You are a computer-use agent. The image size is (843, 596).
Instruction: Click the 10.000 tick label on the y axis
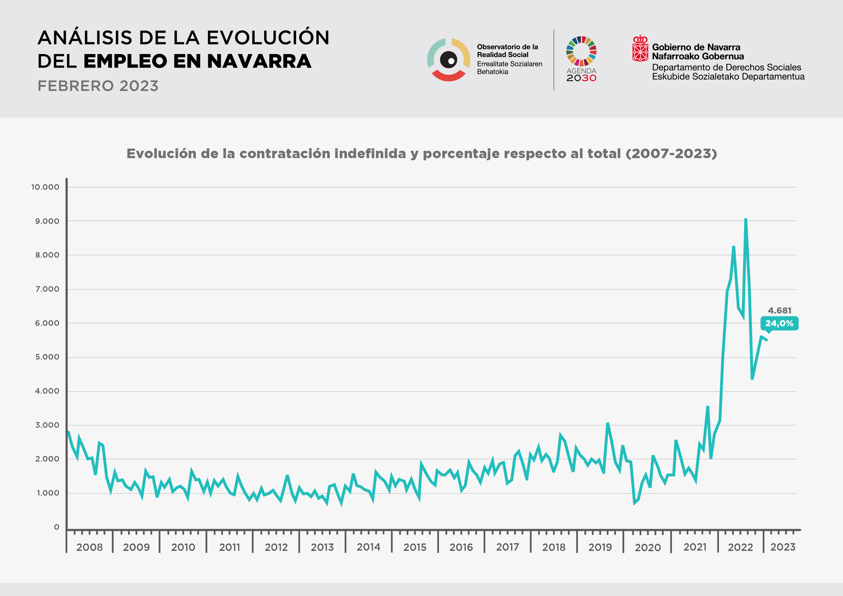[45, 187]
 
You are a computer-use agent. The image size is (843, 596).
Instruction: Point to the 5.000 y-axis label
[47, 357]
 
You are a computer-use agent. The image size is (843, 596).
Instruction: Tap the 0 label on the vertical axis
[57, 527]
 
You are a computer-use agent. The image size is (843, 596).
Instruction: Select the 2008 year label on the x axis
[90, 547]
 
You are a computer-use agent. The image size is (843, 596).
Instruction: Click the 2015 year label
[415, 547]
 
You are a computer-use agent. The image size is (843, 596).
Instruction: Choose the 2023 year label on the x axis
[783, 547]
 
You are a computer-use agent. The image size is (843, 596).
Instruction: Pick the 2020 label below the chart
[648, 547]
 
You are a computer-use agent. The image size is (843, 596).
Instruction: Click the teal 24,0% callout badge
[779, 323]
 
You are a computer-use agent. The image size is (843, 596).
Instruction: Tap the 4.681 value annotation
[779, 310]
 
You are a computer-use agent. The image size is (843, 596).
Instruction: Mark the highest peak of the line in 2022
[746, 219]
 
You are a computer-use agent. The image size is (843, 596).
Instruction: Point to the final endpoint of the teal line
[767, 340]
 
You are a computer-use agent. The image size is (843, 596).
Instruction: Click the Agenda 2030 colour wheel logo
[581, 51]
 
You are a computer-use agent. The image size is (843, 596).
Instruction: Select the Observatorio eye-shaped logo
[449, 60]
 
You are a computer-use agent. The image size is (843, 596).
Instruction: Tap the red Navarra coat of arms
[640, 49]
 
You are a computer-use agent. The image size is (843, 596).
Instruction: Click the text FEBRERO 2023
[98, 86]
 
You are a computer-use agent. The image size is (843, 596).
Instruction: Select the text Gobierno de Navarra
[696, 47]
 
